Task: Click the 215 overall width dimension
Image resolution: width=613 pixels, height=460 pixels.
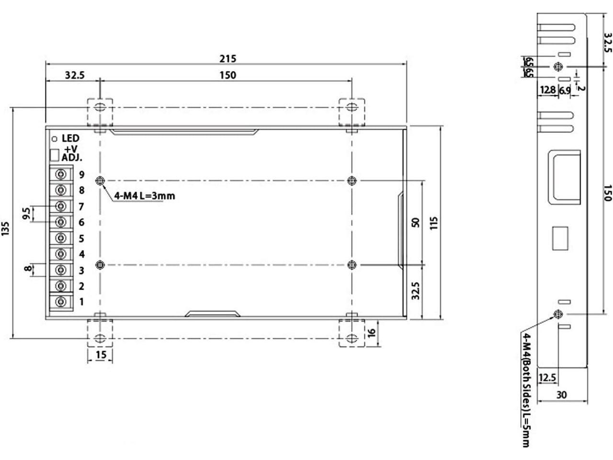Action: pyautogui.click(x=227, y=58)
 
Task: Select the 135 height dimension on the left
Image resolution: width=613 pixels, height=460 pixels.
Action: pyautogui.click(x=6, y=229)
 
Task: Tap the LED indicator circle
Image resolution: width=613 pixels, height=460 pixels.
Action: pyautogui.click(x=55, y=139)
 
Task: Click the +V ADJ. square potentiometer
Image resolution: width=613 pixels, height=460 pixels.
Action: pyautogui.click(x=54, y=155)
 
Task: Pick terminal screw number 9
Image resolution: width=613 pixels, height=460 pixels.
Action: pyautogui.click(x=61, y=174)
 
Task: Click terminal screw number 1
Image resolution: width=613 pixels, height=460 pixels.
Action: pyautogui.click(x=61, y=302)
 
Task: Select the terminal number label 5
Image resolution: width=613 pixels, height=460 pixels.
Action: pyautogui.click(x=81, y=239)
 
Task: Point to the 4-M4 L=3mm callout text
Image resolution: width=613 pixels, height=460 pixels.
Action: pyautogui.click(x=145, y=196)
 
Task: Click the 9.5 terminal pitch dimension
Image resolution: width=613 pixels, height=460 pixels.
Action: pyautogui.click(x=26, y=213)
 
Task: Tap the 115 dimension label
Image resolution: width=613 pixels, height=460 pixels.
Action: pyautogui.click(x=433, y=223)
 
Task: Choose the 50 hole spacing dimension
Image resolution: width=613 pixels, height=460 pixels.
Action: pyautogui.click(x=416, y=223)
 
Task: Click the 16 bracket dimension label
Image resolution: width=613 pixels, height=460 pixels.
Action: pyautogui.click(x=372, y=333)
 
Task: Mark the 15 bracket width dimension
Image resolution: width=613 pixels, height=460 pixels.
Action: pyautogui.click(x=101, y=355)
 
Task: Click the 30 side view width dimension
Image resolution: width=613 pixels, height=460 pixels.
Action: pyautogui.click(x=562, y=395)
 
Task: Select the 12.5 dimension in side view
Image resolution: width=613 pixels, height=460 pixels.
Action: pyautogui.click(x=547, y=378)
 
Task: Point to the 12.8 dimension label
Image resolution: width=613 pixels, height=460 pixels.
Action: pyautogui.click(x=548, y=90)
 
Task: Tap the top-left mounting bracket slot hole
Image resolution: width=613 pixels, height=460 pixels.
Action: pyautogui.click(x=100, y=107)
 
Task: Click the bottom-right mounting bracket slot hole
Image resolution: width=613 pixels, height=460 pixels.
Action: pyautogui.click(x=352, y=338)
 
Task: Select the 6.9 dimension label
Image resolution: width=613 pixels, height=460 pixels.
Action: pyautogui.click(x=565, y=90)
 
